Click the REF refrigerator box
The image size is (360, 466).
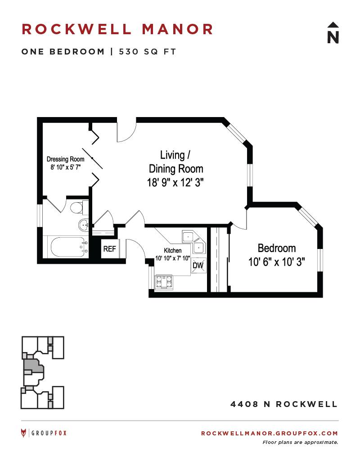(x=110, y=249)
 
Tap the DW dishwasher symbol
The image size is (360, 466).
(x=198, y=265)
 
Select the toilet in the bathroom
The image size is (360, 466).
(x=79, y=207)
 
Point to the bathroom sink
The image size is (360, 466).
(x=84, y=225)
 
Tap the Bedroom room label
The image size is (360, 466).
(x=277, y=248)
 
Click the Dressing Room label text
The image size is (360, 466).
(x=65, y=159)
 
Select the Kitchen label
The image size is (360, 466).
(x=172, y=250)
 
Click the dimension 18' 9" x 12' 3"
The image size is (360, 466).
(x=175, y=182)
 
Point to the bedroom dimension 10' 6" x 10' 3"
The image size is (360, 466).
(x=277, y=262)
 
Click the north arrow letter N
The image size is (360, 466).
(x=333, y=37)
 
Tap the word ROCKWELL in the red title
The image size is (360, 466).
(x=76, y=29)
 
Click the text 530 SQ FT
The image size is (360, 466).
(x=147, y=52)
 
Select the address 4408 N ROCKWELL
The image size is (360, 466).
(x=284, y=404)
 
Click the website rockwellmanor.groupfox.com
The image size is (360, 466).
(x=270, y=433)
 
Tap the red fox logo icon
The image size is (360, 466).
(x=23, y=433)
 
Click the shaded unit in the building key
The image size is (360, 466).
(x=33, y=368)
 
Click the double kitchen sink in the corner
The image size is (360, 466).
(x=193, y=242)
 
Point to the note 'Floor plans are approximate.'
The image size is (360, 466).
(x=300, y=443)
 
